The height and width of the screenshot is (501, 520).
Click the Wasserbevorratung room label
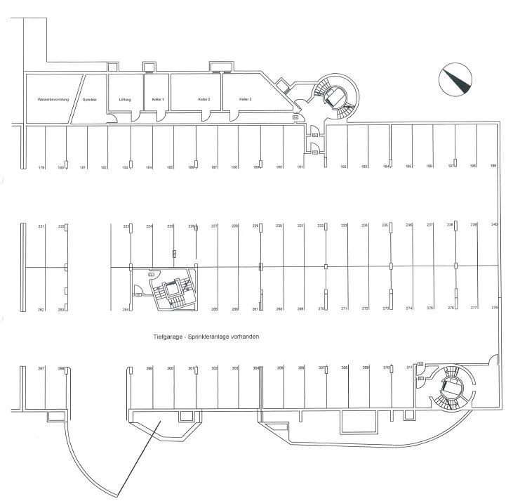click(53, 100)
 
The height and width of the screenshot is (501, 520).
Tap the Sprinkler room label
click(89, 100)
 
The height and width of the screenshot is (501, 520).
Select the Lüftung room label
click(125, 100)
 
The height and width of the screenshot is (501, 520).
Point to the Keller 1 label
click(158, 100)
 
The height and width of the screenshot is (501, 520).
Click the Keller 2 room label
click(204, 100)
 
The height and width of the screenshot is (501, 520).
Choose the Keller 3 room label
click(245, 100)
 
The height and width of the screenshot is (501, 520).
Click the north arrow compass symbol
click(454, 79)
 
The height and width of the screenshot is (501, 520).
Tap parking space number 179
click(41, 167)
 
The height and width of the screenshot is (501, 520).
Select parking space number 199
click(493, 166)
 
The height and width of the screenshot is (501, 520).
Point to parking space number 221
click(41, 226)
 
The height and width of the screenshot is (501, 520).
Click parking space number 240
click(494, 225)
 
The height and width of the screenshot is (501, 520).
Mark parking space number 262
click(41, 309)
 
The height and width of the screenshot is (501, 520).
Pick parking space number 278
click(494, 308)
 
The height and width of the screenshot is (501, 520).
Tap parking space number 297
click(41, 369)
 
